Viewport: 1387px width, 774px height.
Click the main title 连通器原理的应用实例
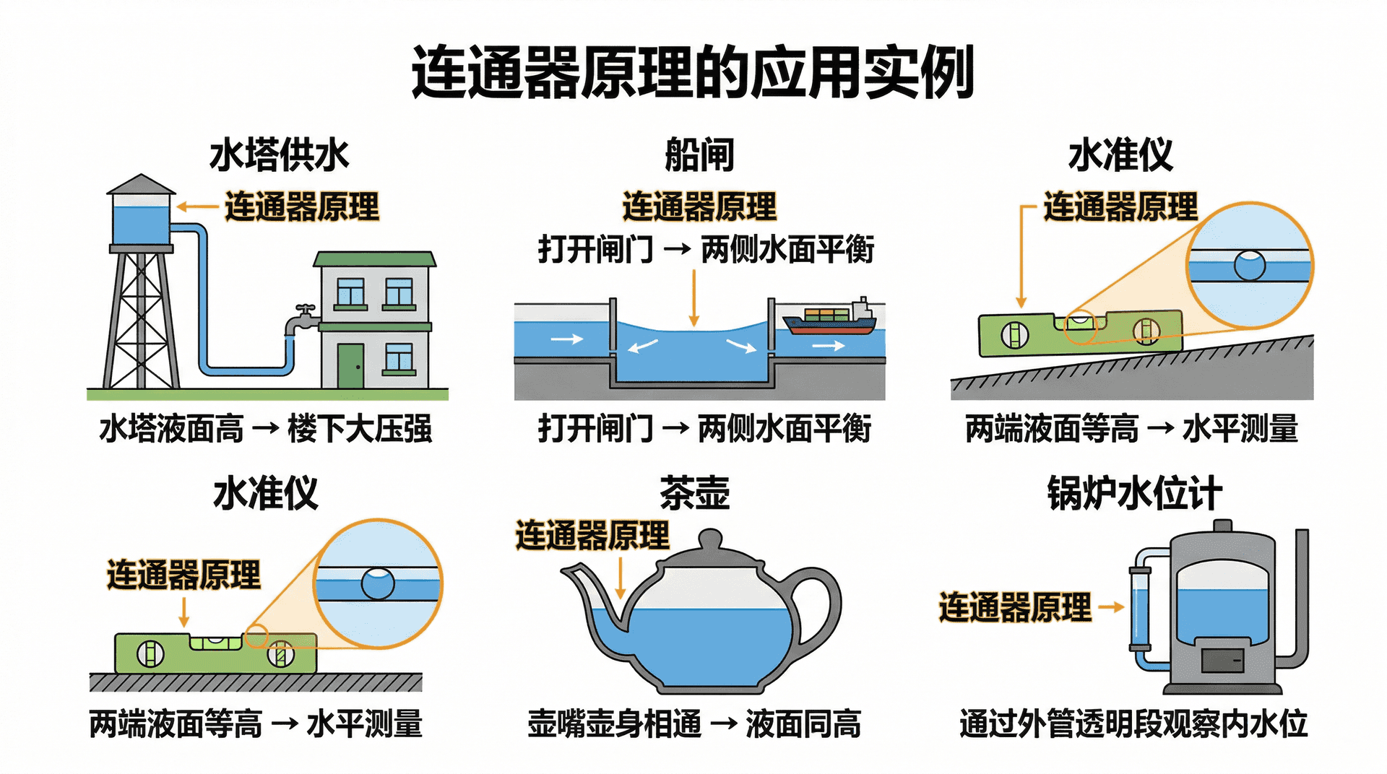tap(692, 72)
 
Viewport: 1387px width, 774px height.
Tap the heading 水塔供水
tap(279, 155)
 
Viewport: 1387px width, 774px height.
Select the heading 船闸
tap(699, 155)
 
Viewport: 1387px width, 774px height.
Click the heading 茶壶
tap(694, 494)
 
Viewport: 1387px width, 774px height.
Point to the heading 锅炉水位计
tap(1134, 494)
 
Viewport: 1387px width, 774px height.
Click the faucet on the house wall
tap(302, 318)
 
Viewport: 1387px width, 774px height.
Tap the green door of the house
tap(350, 365)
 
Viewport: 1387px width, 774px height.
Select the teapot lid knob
tap(710, 539)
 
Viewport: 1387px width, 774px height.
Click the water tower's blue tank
tap(141, 224)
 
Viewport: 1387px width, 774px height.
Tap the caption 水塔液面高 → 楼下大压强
tap(265, 429)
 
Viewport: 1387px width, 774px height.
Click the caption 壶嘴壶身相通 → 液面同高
tap(693, 723)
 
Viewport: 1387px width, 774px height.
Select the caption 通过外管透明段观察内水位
tap(1133, 723)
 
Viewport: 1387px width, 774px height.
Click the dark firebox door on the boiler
tap(1222, 660)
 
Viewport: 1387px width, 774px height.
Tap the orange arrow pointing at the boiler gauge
tap(1111, 607)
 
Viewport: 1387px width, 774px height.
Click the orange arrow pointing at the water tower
tap(196, 207)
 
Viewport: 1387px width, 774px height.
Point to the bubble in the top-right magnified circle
tap(1250, 266)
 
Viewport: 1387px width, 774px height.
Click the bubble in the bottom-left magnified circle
tap(377, 584)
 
